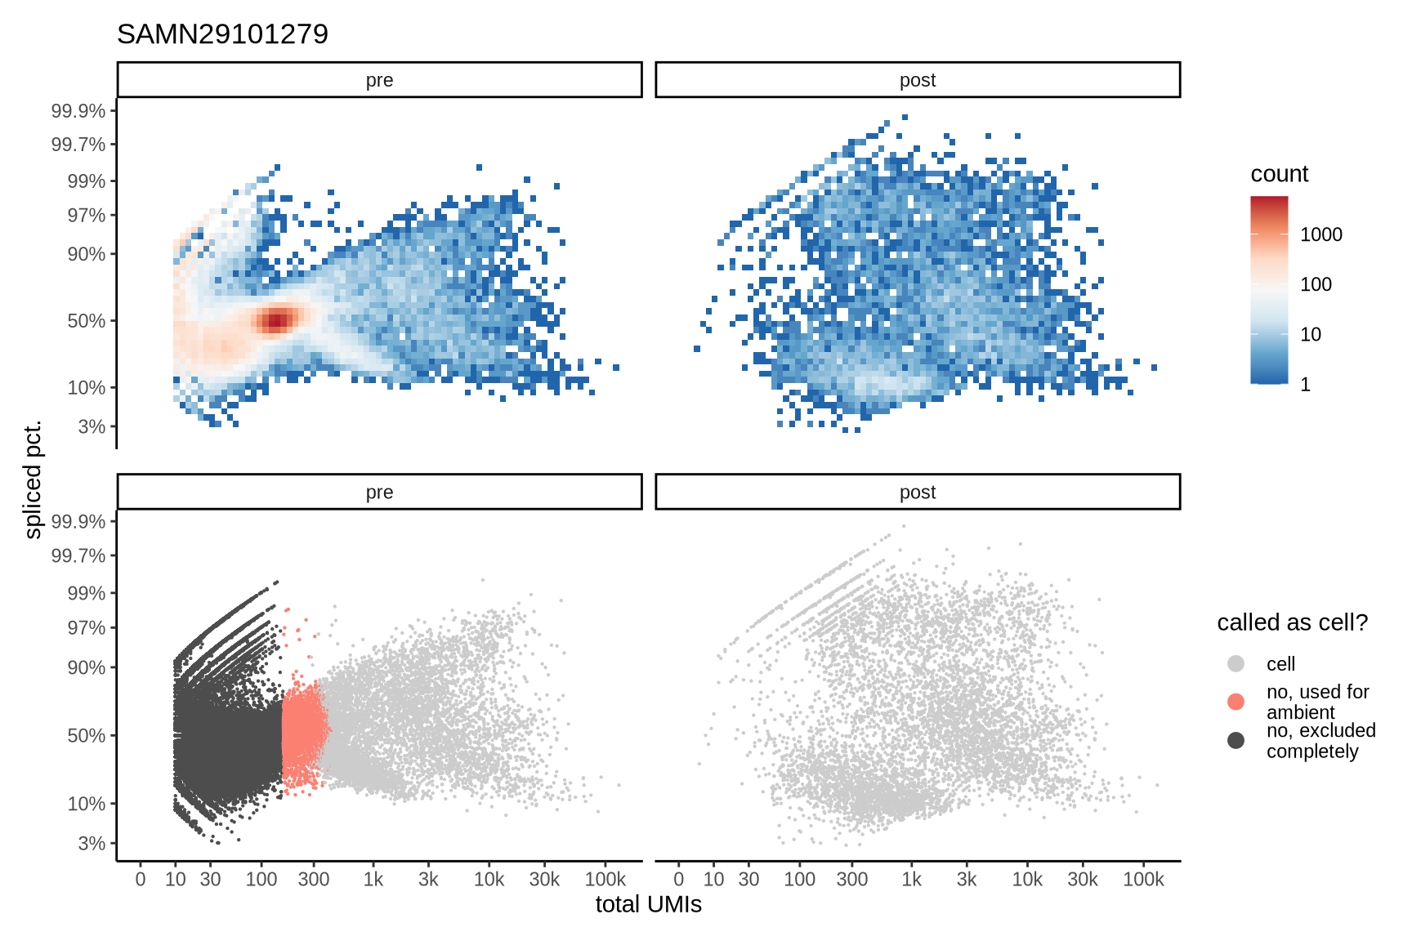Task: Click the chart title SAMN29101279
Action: (x=222, y=34)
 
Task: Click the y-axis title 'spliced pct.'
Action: (x=33, y=480)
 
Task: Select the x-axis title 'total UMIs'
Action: (x=648, y=905)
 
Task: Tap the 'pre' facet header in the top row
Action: (x=379, y=80)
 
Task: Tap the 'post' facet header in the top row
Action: (x=917, y=80)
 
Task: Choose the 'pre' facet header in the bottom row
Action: (x=379, y=492)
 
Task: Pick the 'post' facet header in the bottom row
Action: (x=917, y=492)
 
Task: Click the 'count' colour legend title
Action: (x=1279, y=174)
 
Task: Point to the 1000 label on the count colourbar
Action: (x=1320, y=234)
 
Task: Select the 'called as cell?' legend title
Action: (x=1292, y=622)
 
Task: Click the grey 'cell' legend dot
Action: (x=1235, y=663)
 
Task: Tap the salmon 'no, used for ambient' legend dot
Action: (x=1235, y=702)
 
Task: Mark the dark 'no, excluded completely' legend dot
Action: (x=1235, y=740)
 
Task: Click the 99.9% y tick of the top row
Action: (x=78, y=111)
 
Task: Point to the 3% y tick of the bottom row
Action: (x=92, y=843)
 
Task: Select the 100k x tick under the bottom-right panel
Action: (x=1142, y=880)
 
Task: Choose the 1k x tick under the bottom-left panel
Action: (x=373, y=880)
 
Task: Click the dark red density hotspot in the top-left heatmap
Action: (x=276, y=320)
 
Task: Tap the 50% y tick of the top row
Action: (x=86, y=321)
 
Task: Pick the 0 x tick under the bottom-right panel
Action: (x=678, y=880)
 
